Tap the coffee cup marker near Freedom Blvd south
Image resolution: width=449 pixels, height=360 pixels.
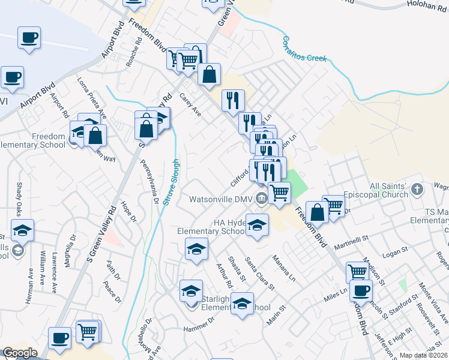[x=361, y=292]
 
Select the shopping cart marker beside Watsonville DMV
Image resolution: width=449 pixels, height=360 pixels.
[x=279, y=193]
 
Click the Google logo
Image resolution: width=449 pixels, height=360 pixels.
[x=20, y=353]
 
